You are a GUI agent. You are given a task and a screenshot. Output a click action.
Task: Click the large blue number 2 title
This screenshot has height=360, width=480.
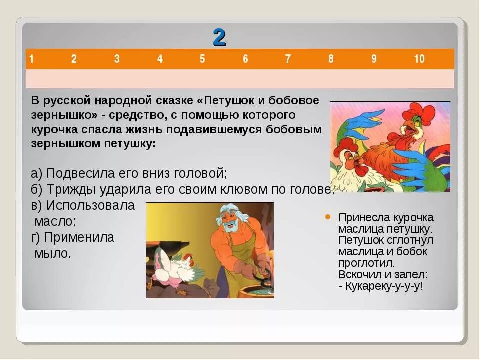(219, 37)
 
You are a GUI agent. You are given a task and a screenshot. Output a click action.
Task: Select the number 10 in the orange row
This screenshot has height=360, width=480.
(419, 59)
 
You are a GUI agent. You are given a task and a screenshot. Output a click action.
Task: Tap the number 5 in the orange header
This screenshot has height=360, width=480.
(202, 59)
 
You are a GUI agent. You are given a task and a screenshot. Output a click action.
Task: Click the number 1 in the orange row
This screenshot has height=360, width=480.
(31, 59)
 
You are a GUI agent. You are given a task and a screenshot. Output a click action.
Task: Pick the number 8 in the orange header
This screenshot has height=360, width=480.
(331, 59)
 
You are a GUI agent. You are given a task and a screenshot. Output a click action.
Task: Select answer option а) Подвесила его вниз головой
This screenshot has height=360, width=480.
(129, 173)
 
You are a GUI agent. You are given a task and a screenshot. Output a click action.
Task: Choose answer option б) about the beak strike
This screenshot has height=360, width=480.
(182, 189)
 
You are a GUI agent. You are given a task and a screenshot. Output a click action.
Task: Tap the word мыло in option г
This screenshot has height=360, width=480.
(53, 253)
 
